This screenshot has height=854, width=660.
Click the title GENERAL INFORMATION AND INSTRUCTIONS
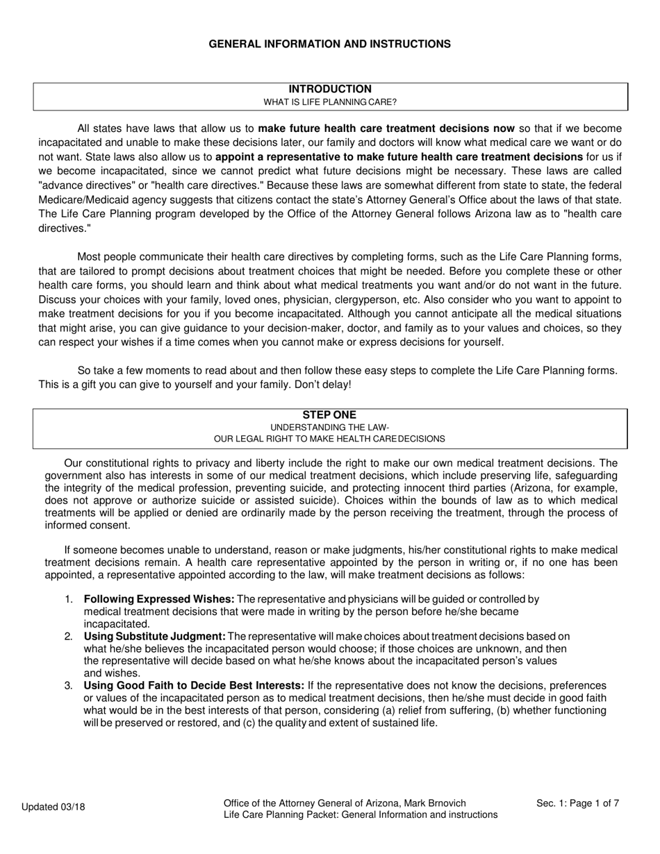[329, 44]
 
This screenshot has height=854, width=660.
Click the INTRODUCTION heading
[330, 89]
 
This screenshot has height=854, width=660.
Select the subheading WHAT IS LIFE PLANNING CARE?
[330, 102]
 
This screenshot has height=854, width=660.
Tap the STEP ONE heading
[329, 415]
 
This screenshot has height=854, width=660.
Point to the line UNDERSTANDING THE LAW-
[329, 427]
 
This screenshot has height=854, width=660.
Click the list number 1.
[68, 599]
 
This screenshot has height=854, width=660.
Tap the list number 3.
[68, 686]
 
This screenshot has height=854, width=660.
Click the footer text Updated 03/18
[53, 807]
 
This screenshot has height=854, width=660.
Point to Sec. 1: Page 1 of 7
[577, 803]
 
